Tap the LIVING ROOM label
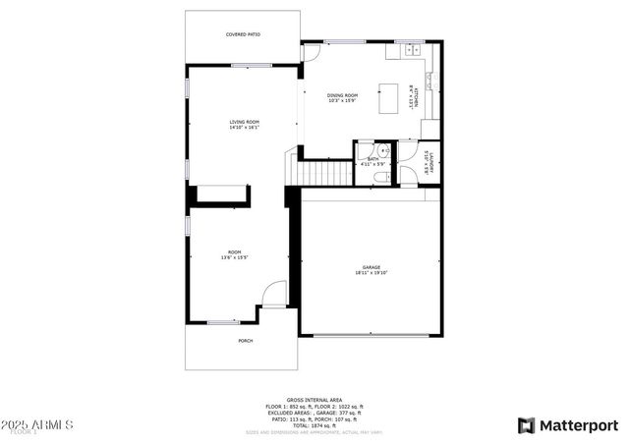(243, 124)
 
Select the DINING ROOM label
(341, 97)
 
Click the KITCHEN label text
(417, 97)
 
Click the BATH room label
(372, 161)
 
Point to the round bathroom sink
(385, 151)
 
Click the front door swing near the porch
(275, 293)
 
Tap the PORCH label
(245, 341)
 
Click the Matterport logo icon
(526, 425)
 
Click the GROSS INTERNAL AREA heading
(314, 399)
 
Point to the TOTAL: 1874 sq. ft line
(314, 424)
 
